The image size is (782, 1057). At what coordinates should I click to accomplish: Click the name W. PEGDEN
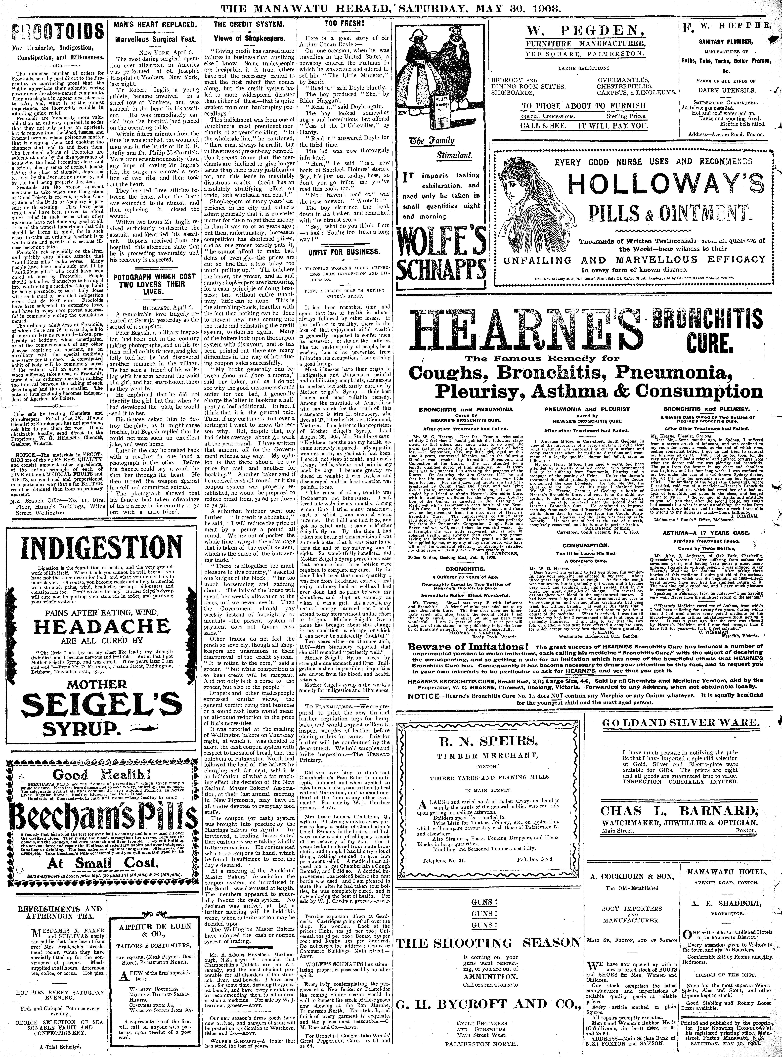coord(584,33)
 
